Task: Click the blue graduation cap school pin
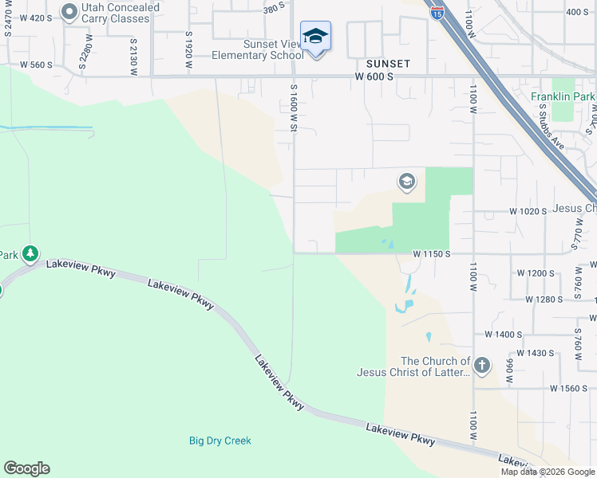(x=316, y=37)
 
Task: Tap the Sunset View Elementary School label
(x=257, y=49)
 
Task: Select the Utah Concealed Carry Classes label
(x=115, y=13)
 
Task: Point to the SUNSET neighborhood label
(x=388, y=63)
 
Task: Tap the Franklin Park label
(x=563, y=96)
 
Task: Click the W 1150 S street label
(x=433, y=253)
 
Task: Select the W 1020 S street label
(x=528, y=211)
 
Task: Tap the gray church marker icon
(x=481, y=366)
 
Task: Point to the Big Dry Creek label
(x=220, y=441)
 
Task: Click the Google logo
(x=26, y=468)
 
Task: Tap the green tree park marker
(x=30, y=254)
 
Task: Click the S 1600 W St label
(x=294, y=108)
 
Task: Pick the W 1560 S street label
(x=569, y=388)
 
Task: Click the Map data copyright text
(x=547, y=472)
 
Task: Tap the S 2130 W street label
(x=132, y=57)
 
